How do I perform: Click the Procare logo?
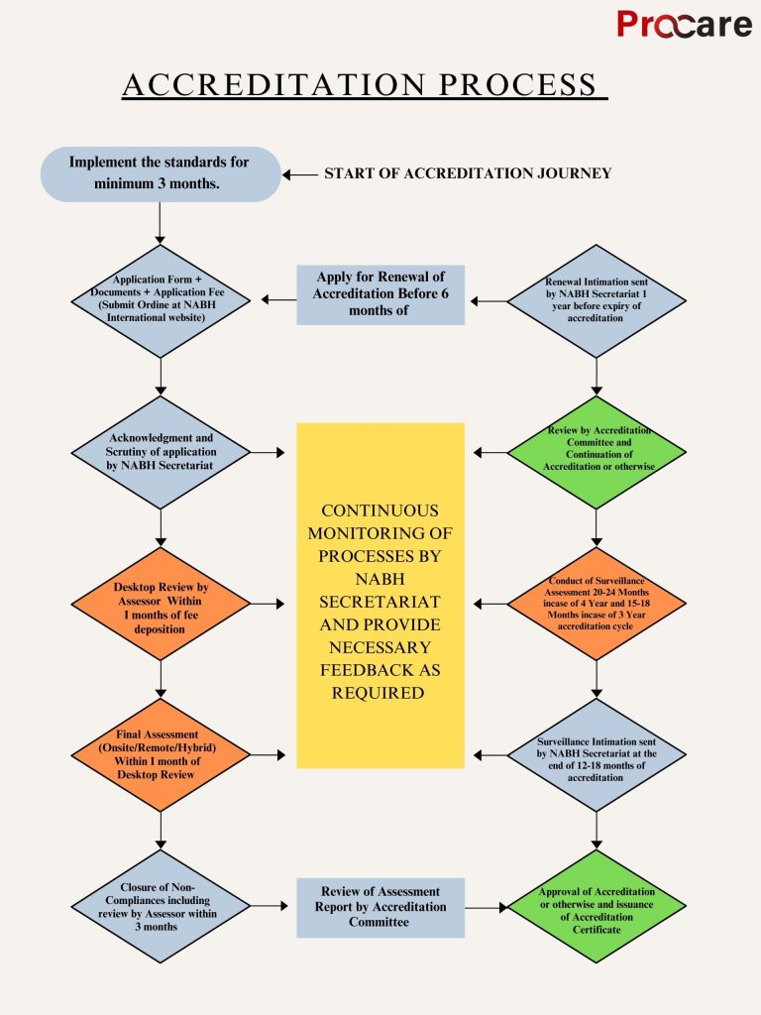pos(684,24)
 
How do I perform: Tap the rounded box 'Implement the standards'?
pos(160,173)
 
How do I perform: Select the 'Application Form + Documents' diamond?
pos(160,298)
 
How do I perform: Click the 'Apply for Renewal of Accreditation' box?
pos(380,294)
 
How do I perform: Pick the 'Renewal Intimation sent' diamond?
pos(596,298)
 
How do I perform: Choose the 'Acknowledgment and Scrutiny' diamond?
pos(160,452)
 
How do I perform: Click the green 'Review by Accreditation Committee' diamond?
pos(596,452)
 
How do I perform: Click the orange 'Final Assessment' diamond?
pos(160,754)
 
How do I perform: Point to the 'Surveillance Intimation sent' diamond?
pos(596,754)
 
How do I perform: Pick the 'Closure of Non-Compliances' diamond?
pos(160,906)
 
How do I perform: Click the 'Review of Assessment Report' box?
pos(380,907)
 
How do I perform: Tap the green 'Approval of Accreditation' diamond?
pos(596,906)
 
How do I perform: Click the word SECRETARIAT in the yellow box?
pos(380,602)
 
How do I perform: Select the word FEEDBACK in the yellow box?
pos(380,670)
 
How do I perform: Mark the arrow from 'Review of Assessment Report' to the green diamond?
pos(486,907)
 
